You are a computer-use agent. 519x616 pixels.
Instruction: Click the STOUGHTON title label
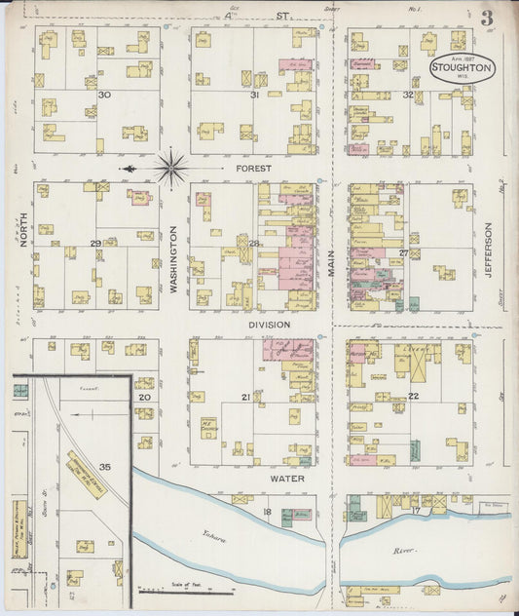click(463, 68)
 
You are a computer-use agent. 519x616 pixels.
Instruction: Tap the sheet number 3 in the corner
click(485, 17)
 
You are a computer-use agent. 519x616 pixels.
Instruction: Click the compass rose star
click(170, 168)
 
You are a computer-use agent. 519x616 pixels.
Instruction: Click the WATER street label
click(287, 479)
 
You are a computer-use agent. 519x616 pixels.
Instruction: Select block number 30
click(102, 95)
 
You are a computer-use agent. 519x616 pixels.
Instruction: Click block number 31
click(254, 95)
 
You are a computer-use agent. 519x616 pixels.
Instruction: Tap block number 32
click(408, 95)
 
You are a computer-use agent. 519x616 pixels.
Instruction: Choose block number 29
click(95, 243)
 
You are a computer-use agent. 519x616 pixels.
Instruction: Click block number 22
click(413, 395)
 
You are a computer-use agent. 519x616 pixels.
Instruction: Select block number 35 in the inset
click(104, 467)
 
